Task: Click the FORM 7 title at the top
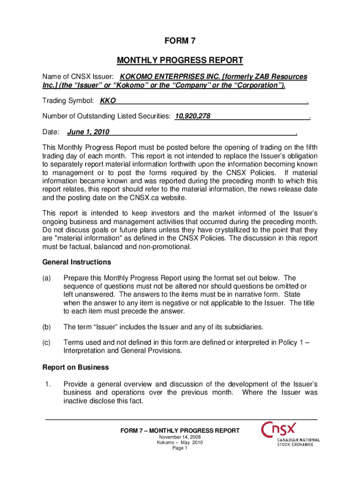(x=180, y=41)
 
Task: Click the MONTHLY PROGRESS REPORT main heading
(x=180, y=60)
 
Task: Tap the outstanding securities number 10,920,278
(x=193, y=116)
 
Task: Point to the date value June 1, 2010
(x=88, y=132)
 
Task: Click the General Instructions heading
(x=77, y=262)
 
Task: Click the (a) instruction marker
(x=46, y=278)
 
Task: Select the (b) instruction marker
(x=46, y=327)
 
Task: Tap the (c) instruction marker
(x=46, y=342)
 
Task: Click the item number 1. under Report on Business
(x=47, y=385)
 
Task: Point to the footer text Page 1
(x=180, y=448)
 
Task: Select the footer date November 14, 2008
(x=180, y=437)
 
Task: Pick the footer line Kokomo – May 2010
(x=180, y=443)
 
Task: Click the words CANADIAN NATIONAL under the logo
(x=299, y=440)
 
